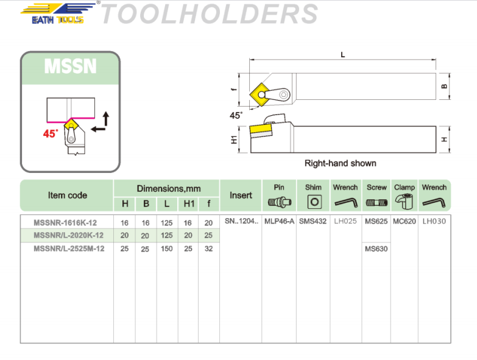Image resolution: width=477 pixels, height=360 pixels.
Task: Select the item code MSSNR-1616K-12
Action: click(65, 222)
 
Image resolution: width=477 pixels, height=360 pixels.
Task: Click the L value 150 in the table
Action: click(166, 249)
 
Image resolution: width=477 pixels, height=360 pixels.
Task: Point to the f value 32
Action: click(209, 249)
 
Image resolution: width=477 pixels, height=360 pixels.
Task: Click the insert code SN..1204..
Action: click(241, 222)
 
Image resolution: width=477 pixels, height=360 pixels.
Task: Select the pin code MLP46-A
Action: click(279, 222)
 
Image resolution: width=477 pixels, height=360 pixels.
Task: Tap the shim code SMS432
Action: click(313, 222)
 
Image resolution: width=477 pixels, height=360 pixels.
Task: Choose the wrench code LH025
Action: click(345, 222)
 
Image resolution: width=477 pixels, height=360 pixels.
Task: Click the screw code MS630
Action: click(376, 249)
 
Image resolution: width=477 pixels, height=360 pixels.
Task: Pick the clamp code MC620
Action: click(405, 222)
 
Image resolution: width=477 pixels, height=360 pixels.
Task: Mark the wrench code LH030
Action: click(434, 222)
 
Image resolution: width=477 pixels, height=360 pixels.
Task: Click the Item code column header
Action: click(67, 196)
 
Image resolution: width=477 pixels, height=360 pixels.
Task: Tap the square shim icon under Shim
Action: click(314, 202)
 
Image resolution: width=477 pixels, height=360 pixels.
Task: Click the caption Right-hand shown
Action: click(340, 163)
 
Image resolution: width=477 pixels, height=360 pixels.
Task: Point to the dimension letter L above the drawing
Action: click(343, 55)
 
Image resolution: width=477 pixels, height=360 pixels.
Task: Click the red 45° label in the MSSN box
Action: click(51, 133)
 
